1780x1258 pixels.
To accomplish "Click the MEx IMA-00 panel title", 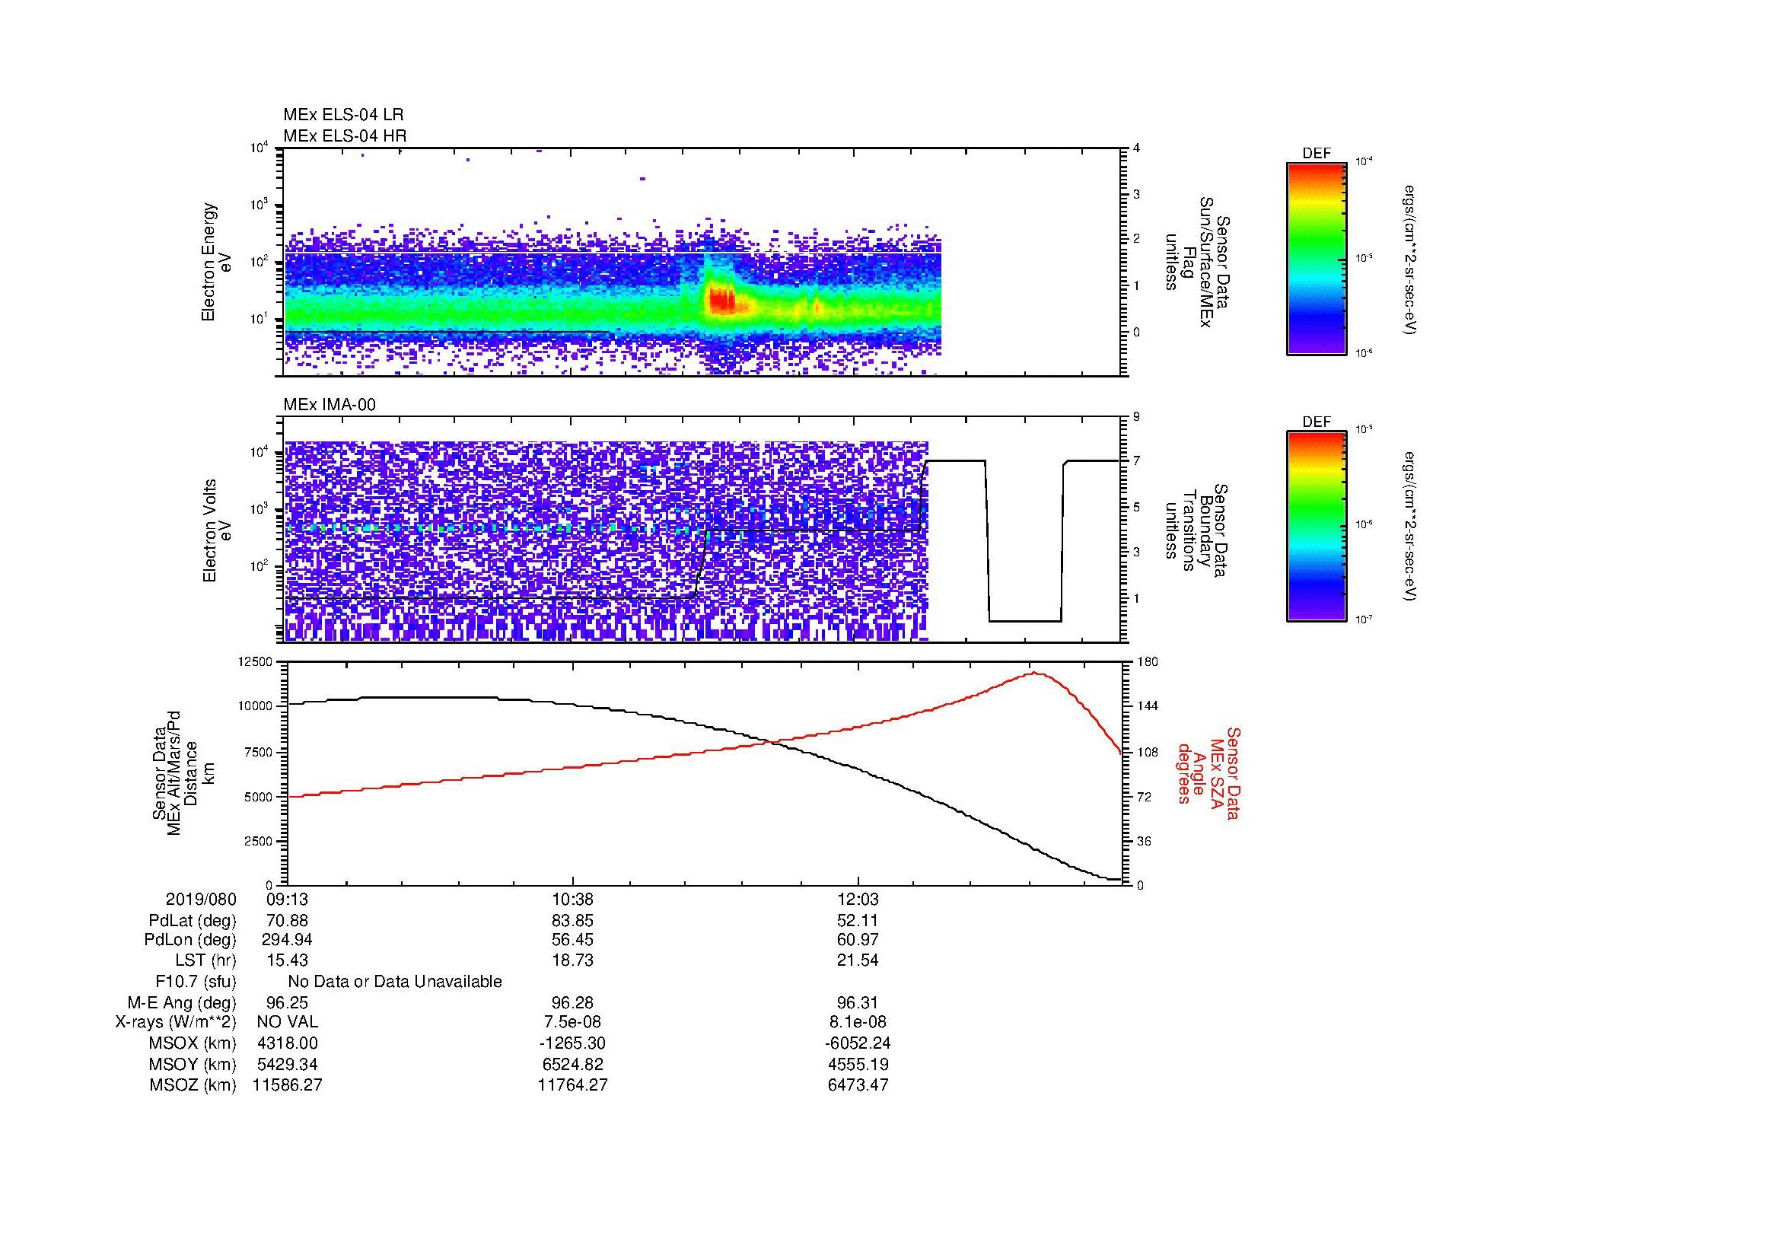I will [x=330, y=405].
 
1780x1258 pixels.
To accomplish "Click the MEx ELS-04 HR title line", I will [x=345, y=136].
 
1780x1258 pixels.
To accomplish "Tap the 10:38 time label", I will [x=572, y=900].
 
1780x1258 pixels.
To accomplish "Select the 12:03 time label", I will [x=858, y=900].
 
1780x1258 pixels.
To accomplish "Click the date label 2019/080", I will [x=201, y=900].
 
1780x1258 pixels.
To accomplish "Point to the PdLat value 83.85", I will [x=572, y=921].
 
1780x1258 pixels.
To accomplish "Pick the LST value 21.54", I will [x=858, y=960].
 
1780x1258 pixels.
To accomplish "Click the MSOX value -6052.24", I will [x=858, y=1043].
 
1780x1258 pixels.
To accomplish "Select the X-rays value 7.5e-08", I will [x=572, y=1022].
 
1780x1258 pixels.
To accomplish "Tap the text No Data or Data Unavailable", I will [x=395, y=982].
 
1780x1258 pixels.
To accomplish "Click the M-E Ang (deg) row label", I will [x=181, y=1002].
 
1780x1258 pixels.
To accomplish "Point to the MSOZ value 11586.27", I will [x=287, y=1085].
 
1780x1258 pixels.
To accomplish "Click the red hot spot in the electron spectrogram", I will [x=721, y=299].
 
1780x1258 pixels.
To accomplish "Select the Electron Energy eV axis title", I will [x=217, y=262].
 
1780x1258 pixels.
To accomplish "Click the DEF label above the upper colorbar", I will [x=1317, y=154].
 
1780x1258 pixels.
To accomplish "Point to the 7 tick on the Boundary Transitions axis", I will [x=1136, y=461].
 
